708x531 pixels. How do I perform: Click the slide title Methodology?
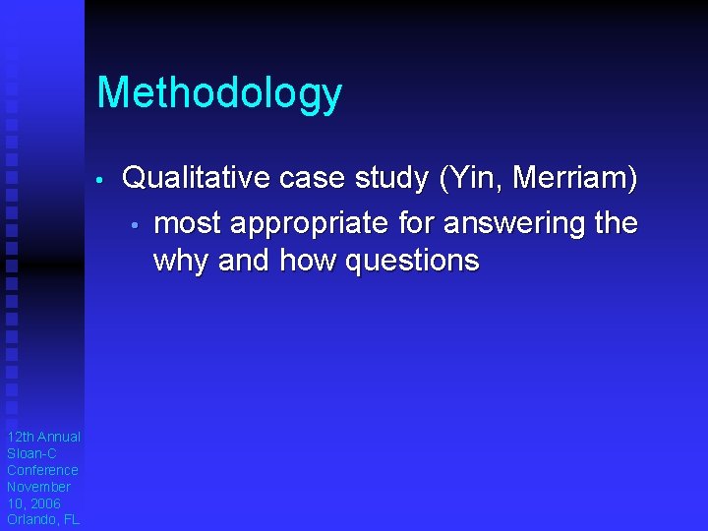coord(219,94)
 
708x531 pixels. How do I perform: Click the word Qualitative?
coord(197,178)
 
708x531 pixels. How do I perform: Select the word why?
coord(182,261)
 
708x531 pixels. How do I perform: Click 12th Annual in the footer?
coord(43,437)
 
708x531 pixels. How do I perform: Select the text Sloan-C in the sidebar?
coord(31,453)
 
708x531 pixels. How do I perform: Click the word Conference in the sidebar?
coord(42,470)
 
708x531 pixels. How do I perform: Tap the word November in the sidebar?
coord(39,487)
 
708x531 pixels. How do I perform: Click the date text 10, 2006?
coord(33,503)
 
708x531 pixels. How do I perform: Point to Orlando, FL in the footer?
coord(42,520)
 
